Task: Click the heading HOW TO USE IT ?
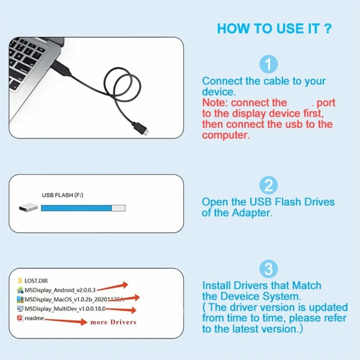[274, 29]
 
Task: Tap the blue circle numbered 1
[269, 65]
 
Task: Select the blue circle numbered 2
[269, 185]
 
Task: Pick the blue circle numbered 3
[269, 270]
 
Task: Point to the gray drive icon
[28, 208]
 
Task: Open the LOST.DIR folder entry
[36, 281]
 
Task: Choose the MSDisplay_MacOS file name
[67, 299]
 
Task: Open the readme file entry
[34, 318]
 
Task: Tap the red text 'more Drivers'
[113, 322]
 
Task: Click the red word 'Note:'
[215, 103]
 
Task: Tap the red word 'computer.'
[225, 135]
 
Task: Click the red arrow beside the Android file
[112, 287]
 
